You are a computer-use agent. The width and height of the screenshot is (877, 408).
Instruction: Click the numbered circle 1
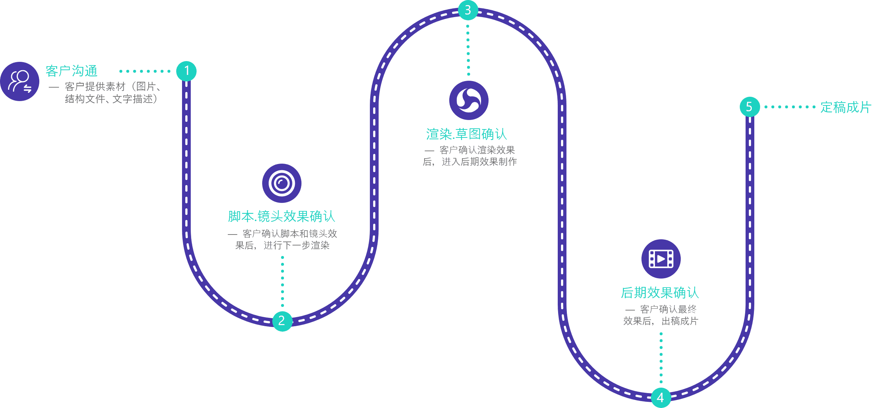[x=186, y=71]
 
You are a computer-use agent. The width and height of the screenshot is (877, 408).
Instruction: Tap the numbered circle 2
[x=282, y=321]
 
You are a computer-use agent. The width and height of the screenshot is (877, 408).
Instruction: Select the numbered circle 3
[x=468, y=10]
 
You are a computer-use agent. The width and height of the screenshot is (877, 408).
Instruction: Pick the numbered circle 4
[x=661, y=397]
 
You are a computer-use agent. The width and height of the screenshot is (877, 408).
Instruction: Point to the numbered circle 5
[x=750, y=107]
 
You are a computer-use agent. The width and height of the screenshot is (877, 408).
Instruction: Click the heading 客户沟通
[x=71, y=71]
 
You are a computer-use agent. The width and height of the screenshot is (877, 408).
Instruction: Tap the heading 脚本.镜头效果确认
[x=281, y=216]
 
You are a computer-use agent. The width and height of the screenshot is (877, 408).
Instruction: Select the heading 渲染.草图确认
[x=466, y=134]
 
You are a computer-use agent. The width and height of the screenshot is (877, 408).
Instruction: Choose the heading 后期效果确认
[x=660, y=293]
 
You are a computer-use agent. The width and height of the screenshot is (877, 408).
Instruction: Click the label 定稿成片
[x=845, y=107]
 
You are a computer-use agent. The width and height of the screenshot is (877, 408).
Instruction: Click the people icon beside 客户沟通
[x=20, y=81]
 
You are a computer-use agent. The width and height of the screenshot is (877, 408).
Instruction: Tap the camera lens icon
[x=281, y=183]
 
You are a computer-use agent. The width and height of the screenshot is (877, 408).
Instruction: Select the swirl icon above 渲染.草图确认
[x=469, y=100]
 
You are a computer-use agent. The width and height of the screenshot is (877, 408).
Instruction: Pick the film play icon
[x=661, y=259]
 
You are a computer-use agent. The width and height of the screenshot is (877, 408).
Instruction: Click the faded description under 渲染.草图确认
[x=470, y=156]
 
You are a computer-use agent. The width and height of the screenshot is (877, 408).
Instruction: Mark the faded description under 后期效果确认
[x=660, y=315]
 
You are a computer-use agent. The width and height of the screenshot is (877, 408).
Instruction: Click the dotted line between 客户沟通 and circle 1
[x=145, y=71]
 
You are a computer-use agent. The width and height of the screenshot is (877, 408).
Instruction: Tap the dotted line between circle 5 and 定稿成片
[x=789, y=107]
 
